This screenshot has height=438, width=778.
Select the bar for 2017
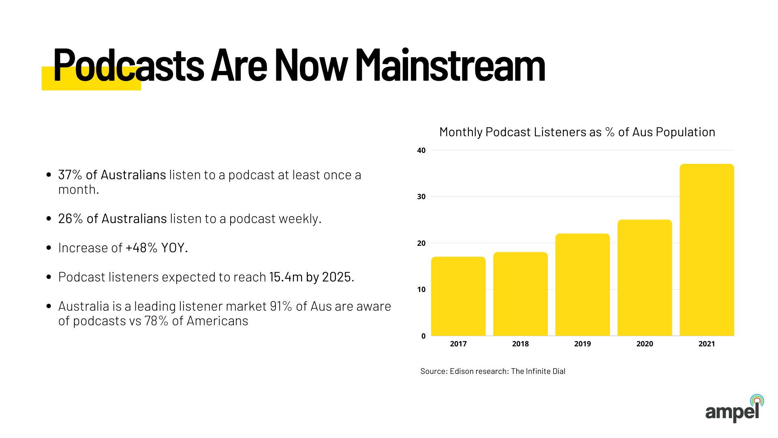pos(458,296)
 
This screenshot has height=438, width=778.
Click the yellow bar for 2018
pos(520,294)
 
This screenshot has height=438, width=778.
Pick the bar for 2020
pos(645,278)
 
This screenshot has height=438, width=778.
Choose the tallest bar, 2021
pos(707,250)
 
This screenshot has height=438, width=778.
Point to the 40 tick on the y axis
pos(421,150)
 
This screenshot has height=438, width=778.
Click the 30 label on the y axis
pos(421,197)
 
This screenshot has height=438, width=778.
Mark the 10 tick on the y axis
pos(421,290)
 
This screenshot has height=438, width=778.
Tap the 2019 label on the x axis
pos(582,344)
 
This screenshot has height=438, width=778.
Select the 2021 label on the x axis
pos(707,344)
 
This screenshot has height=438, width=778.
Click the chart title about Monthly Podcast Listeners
pos(577,132)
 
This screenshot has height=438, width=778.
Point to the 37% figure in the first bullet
pos(70,175)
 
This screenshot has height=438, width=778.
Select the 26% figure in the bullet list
pos(71,219)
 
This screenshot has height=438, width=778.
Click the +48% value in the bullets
pos(141,248)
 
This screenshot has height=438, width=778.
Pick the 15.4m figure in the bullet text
pos(286,277)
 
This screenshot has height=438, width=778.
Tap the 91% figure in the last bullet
pos(281,306)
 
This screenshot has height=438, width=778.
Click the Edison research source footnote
pos(493,371)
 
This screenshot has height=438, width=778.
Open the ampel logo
pos(734,410)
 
